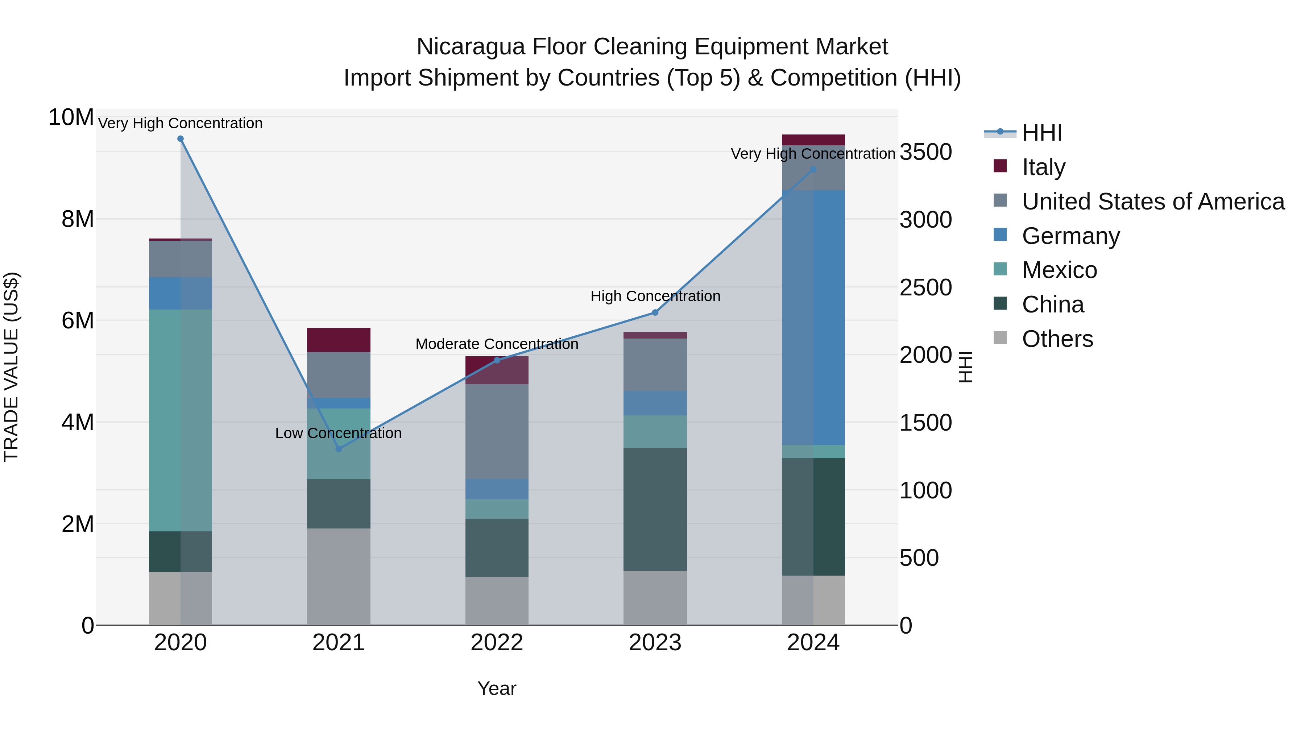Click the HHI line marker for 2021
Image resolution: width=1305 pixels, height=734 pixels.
pos(339,449)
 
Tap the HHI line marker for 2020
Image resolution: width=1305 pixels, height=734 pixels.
pos(181,139)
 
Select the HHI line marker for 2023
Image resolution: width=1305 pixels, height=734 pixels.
pos(655,312)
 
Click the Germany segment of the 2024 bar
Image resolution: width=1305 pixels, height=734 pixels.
pos(813,318)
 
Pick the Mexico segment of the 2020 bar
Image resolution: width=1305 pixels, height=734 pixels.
pos(181,420)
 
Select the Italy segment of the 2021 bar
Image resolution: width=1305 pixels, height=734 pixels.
pos(339,340)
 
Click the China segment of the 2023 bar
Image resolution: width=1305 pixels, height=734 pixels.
pos(655,509)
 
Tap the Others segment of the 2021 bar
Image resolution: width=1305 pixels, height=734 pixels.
pos(339,576)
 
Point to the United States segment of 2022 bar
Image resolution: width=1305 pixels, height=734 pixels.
pos(497,432)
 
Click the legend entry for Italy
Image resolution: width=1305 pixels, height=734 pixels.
pos(1044,167)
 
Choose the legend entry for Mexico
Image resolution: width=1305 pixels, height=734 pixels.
pos(1059,270)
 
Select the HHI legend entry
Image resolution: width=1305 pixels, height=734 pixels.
pos(1041,133)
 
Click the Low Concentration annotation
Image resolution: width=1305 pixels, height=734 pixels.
pos(339,434)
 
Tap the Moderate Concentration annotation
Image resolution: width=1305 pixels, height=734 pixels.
pos(497,344)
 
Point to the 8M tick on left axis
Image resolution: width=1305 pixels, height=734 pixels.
pos(78,219)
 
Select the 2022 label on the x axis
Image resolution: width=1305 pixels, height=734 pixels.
pos(497,643)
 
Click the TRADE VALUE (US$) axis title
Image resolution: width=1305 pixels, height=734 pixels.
pos(12,367)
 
